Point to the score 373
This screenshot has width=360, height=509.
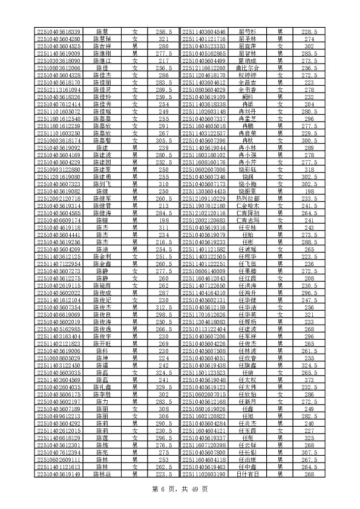[x=309, y=380]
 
